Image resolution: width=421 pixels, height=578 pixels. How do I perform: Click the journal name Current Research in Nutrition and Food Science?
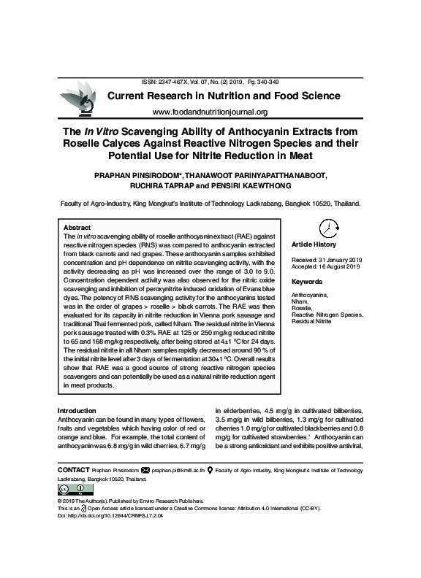coord(224,96)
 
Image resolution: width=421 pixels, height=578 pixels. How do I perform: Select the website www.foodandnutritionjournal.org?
coord(210,112)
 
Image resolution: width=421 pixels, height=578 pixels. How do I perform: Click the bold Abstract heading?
coord(77,228)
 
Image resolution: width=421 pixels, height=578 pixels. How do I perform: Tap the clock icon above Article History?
coord(328,228)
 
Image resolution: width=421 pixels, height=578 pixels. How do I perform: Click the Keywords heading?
coord(307,282)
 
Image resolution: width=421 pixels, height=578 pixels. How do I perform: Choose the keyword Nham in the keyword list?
coord(300,301)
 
